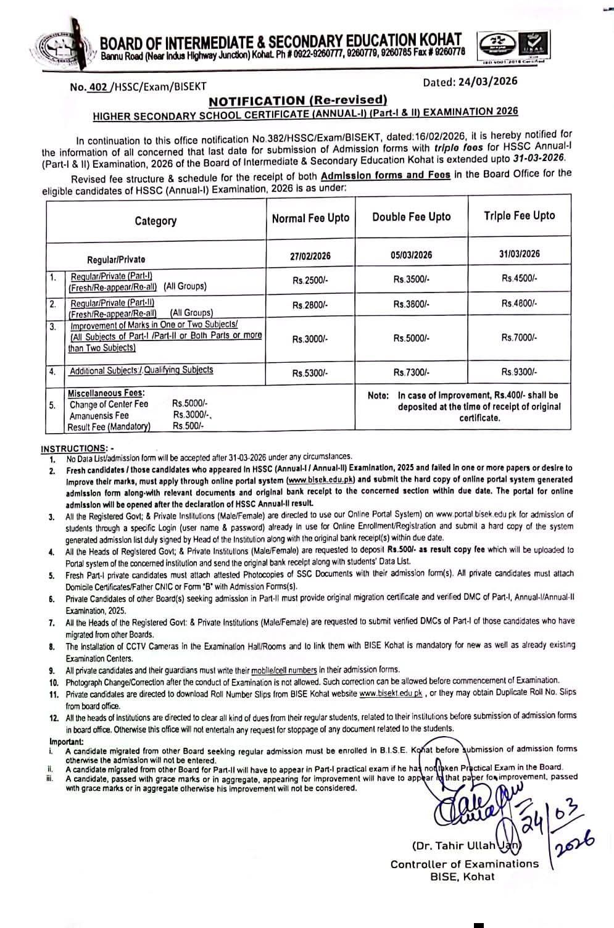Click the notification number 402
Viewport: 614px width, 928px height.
[97, 88]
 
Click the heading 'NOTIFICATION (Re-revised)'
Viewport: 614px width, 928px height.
[297, 101]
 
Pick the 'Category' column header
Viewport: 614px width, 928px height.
[156, 221]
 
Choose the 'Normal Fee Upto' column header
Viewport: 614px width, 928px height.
[310, 218]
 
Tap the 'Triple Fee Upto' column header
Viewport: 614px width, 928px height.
[519, 215]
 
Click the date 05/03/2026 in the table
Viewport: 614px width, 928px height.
[412, 255]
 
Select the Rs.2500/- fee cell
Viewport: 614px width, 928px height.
[310, 280]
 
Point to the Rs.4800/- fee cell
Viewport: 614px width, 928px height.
[519, 303]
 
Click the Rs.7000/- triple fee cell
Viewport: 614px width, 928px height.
[519, 338]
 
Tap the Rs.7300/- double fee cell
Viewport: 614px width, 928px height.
[412, 373]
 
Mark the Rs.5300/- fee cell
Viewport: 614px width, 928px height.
[310, 373]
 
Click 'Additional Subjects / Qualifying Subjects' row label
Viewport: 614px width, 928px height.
[141, 370]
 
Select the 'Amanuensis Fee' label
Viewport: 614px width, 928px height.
[99, 416]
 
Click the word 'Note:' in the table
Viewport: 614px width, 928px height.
[378, 396]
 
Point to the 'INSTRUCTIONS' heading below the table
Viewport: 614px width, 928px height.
[74, 448]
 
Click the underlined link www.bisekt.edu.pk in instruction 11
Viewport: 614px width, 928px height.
[391, 694]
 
